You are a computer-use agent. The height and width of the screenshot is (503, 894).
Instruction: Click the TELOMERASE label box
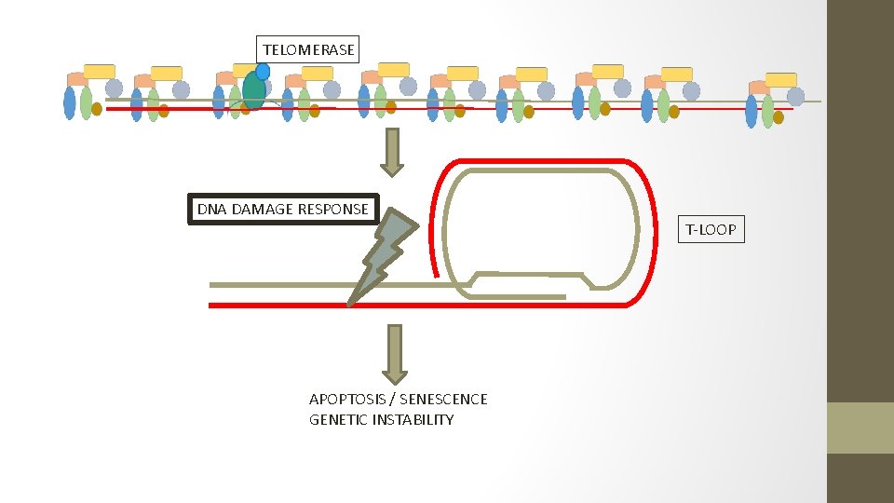308,49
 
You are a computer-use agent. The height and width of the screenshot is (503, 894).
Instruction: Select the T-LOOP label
711,228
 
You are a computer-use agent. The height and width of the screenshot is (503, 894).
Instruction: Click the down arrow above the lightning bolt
392,153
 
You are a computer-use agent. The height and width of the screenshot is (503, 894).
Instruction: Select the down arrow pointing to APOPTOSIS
395,353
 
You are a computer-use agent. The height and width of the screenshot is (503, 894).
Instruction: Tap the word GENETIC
338,419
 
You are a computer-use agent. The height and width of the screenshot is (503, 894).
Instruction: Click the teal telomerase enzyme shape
252,90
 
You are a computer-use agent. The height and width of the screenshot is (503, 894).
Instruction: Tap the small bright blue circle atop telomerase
263,71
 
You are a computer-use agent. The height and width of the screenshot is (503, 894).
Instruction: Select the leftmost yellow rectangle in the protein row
100,71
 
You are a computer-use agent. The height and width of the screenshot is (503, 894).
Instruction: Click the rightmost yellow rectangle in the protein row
780,79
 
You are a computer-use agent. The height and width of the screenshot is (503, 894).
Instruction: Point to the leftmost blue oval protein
70,102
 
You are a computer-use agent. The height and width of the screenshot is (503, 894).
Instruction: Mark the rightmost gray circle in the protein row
795,96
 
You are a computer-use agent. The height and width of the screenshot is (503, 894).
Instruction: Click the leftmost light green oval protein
87,102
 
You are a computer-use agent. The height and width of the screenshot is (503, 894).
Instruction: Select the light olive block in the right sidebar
860,428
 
